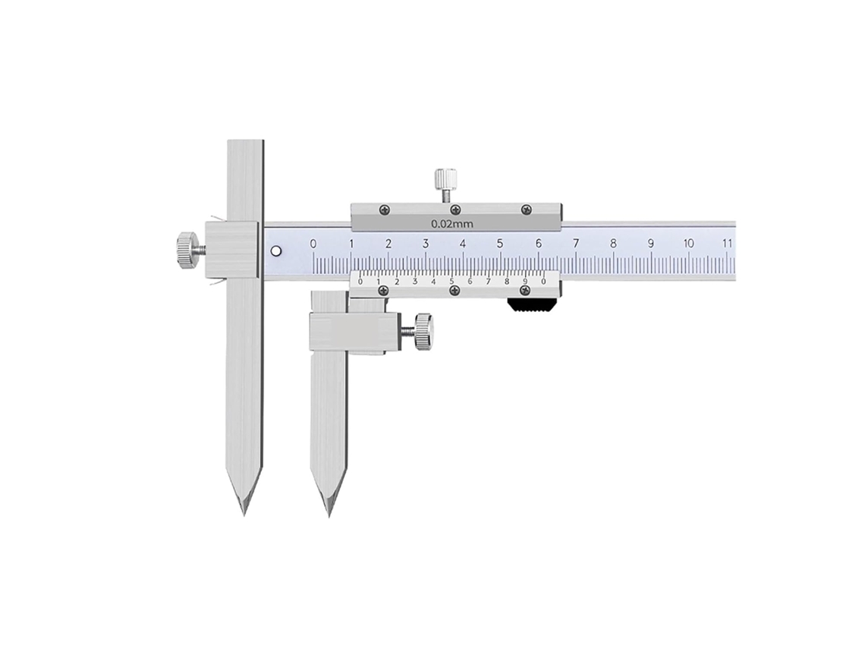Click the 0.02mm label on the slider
tap(451, 224)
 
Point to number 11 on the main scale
tap(727, 244)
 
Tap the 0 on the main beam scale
tap(313, 244)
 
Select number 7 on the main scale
tap(576, 244)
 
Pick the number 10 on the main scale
tap(688, 244)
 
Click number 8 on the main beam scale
tap(613, 244)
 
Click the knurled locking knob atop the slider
tap(445, 178)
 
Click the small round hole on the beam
tap(276, 251)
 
